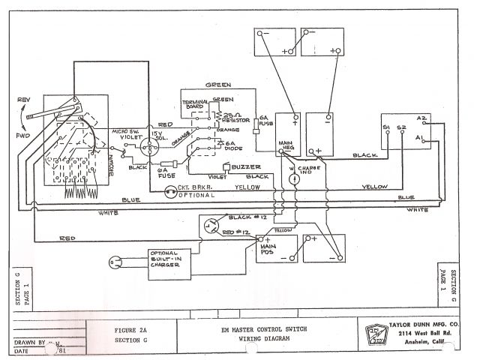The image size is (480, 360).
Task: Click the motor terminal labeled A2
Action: (421, 118)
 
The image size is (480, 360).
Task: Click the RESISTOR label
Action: (237, 117)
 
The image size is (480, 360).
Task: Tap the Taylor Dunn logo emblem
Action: (374, 335)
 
